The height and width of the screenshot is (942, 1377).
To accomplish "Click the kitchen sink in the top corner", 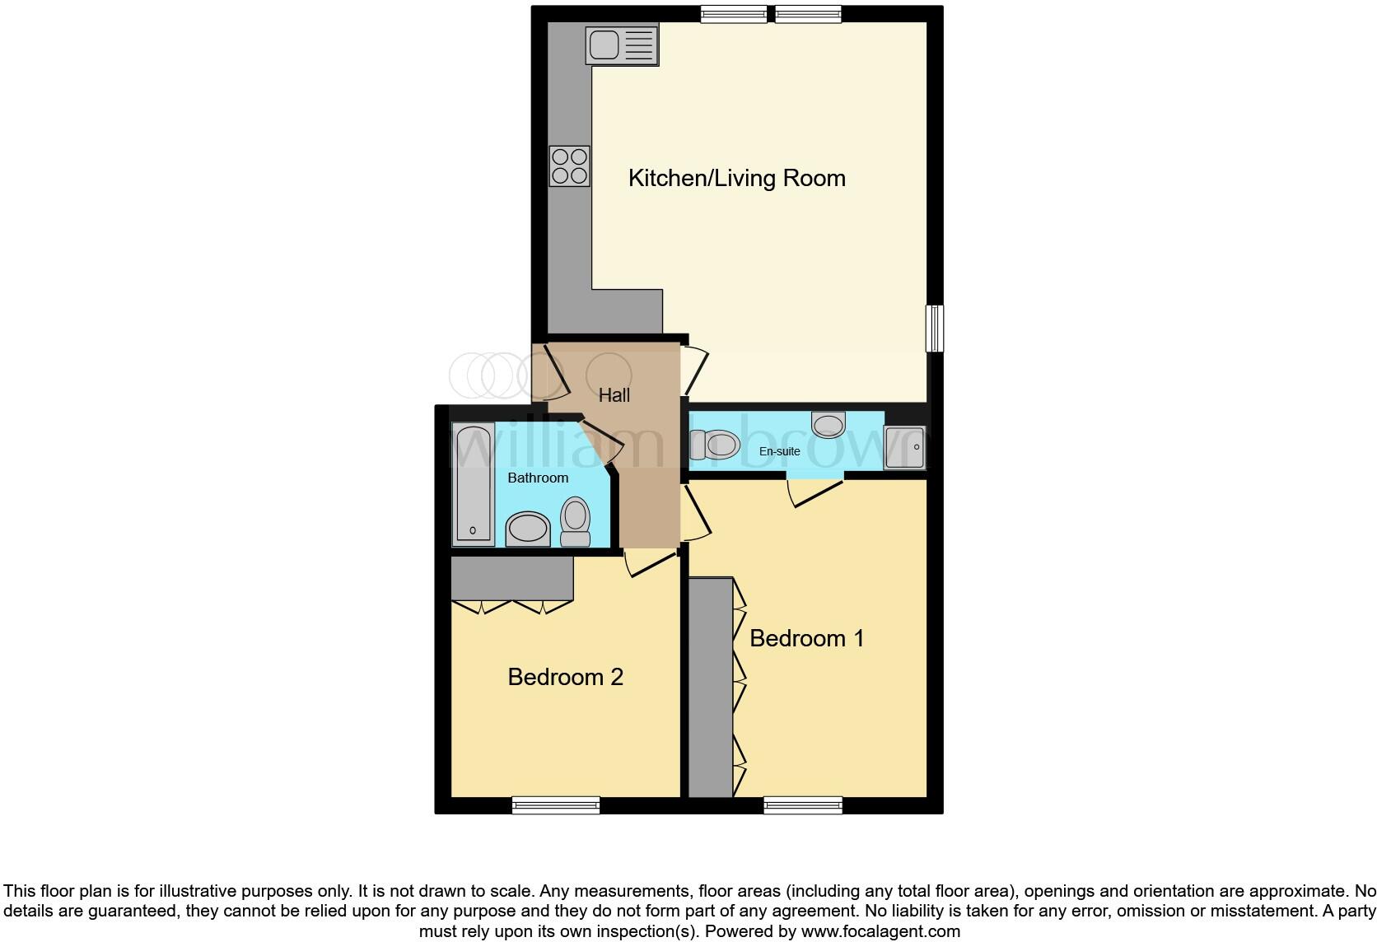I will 622,44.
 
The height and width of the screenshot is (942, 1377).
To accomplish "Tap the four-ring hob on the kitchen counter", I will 569,166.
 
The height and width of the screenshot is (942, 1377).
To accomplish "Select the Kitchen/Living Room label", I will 736,178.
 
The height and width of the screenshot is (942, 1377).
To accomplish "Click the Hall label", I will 614,395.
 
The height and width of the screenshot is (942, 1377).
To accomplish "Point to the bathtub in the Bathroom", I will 473,484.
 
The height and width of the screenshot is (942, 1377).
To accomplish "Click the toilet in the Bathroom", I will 576,522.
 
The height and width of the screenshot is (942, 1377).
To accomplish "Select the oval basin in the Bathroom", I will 527,529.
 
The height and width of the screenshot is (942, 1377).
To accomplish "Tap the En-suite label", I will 779,451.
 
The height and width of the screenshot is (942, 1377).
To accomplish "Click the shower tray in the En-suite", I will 904,448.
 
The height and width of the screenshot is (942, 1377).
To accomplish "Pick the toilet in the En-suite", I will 710,445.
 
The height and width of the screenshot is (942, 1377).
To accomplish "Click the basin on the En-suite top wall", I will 828,424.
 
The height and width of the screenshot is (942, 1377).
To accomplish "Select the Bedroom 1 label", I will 806,638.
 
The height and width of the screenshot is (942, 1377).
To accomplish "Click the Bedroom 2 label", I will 565,677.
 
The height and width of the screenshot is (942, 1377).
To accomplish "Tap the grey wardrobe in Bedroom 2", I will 511,578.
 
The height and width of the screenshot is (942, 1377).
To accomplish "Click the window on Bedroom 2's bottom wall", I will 555,804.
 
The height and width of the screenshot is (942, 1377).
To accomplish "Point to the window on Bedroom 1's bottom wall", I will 803,804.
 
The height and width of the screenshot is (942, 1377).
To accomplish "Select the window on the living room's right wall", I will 934,328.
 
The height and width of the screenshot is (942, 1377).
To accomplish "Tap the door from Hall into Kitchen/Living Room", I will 693,371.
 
